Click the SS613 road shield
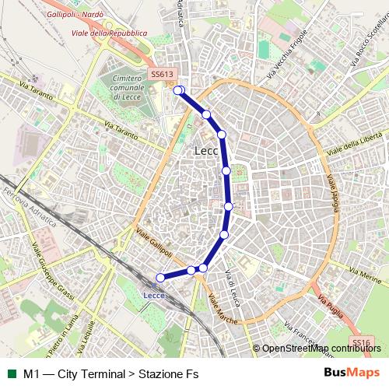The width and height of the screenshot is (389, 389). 160,74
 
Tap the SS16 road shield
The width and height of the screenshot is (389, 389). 359,342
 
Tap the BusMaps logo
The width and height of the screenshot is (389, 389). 351,373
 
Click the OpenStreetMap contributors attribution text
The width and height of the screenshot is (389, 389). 321,348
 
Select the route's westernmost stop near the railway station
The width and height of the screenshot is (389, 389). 161,278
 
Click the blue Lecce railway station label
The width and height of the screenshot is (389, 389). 155,293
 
